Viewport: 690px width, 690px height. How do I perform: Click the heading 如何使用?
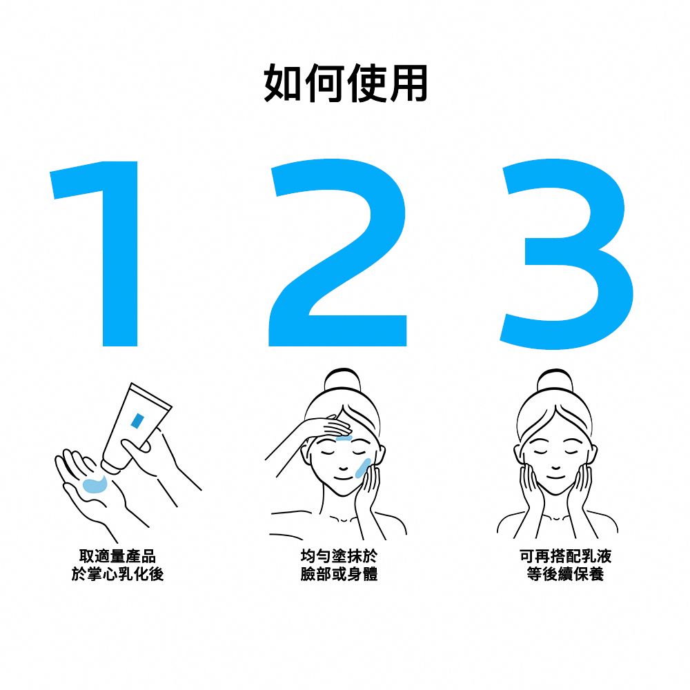pyautogui.click(x=345, y=83)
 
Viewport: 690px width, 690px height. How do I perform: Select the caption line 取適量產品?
pyautogui.click(x=117, y=556)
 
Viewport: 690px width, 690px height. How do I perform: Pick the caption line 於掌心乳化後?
pyautogui.click(x=117, y=573)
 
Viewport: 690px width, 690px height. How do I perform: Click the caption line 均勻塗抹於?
pyautogui.click(x=339, y=556)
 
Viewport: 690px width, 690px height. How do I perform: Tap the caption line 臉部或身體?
pyautogui.click(x=339, y=573)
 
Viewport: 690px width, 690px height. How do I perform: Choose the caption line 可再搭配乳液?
pyautogui.click(x=565, y=556)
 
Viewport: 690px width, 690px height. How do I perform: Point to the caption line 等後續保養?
pyautogui.click(x=565, y=573)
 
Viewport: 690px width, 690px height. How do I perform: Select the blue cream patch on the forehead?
pyautogui.click(x=344, y=436)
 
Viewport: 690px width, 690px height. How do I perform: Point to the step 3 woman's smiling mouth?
pyautogui.click(x=555, y=476)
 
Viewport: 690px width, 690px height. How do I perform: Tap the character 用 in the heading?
pyautogui.click(x=407, y=83)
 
